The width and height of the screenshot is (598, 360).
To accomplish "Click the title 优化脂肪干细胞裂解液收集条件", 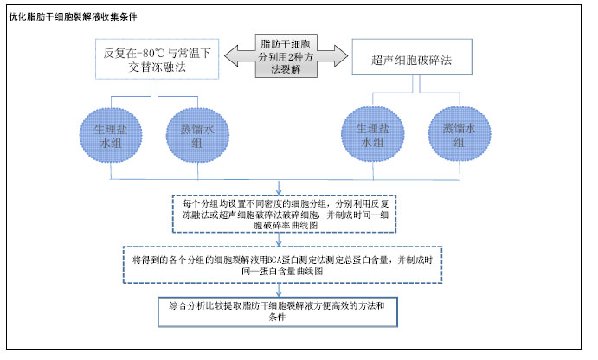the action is (x=73, y=16).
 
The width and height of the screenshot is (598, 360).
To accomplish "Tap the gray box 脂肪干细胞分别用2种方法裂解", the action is (x=286, y=56).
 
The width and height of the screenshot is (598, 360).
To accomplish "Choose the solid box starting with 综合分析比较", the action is (x=278, y=312).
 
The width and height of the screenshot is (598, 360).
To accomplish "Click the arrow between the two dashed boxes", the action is (x=279, y=240).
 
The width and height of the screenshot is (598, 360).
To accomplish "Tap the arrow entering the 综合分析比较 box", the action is (x=279, y=290).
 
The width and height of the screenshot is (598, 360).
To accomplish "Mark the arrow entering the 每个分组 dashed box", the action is (x=279, y=188).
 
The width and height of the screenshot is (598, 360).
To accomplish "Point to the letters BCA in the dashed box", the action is (x=273, y=260).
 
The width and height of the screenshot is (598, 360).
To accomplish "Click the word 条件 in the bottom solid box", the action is (x=277, y=317).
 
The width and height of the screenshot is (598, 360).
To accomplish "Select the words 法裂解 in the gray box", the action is (x=286, y=69).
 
